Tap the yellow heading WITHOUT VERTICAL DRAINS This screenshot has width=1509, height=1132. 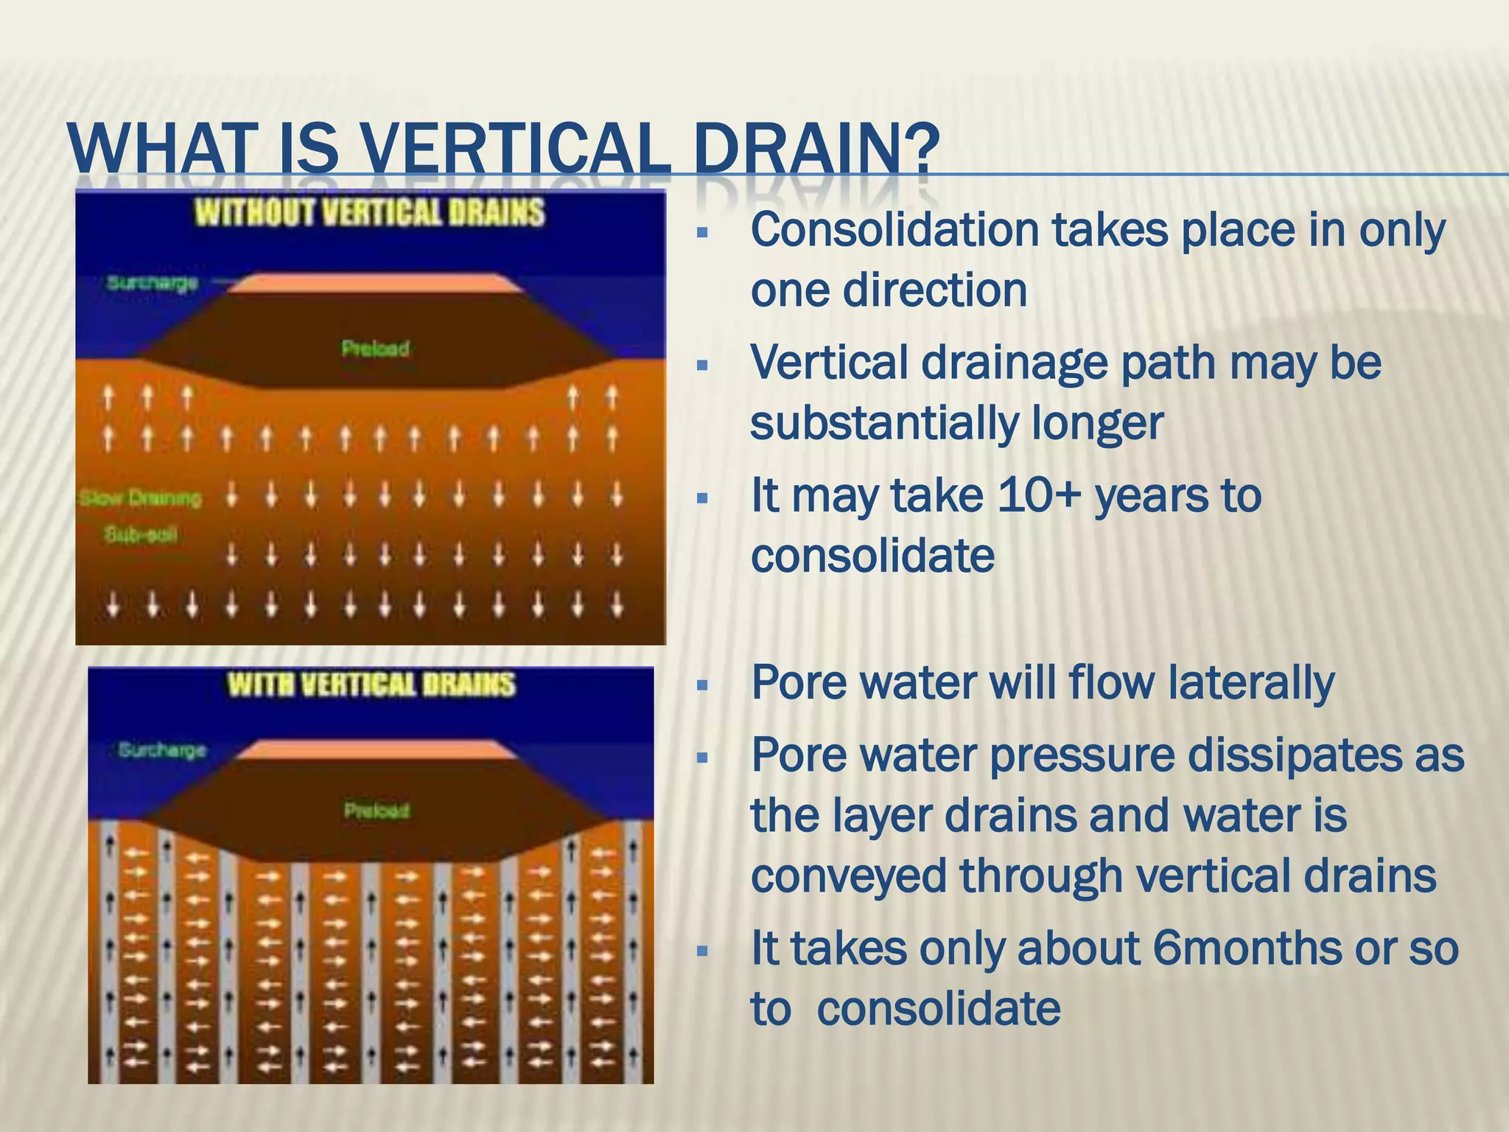click(x=369, y=213)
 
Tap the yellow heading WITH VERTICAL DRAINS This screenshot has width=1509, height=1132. click(x=371, y=685)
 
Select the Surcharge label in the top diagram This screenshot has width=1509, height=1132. click(x=153, y=283)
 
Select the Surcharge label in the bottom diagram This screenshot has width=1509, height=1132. click(x=162, y=750)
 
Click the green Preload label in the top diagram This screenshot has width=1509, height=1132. click(x=375, y=349)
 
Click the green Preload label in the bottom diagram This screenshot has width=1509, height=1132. click(x=377, y=811)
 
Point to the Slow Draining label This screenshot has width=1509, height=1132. click(x=140, y=499)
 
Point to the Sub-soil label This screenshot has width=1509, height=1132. click(x=140, y=534)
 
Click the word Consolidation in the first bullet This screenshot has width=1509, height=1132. click(x=894, y=231)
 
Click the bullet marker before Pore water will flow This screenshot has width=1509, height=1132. click(x=701, y=686)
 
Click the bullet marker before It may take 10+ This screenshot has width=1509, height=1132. click(x=701, y=499)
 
